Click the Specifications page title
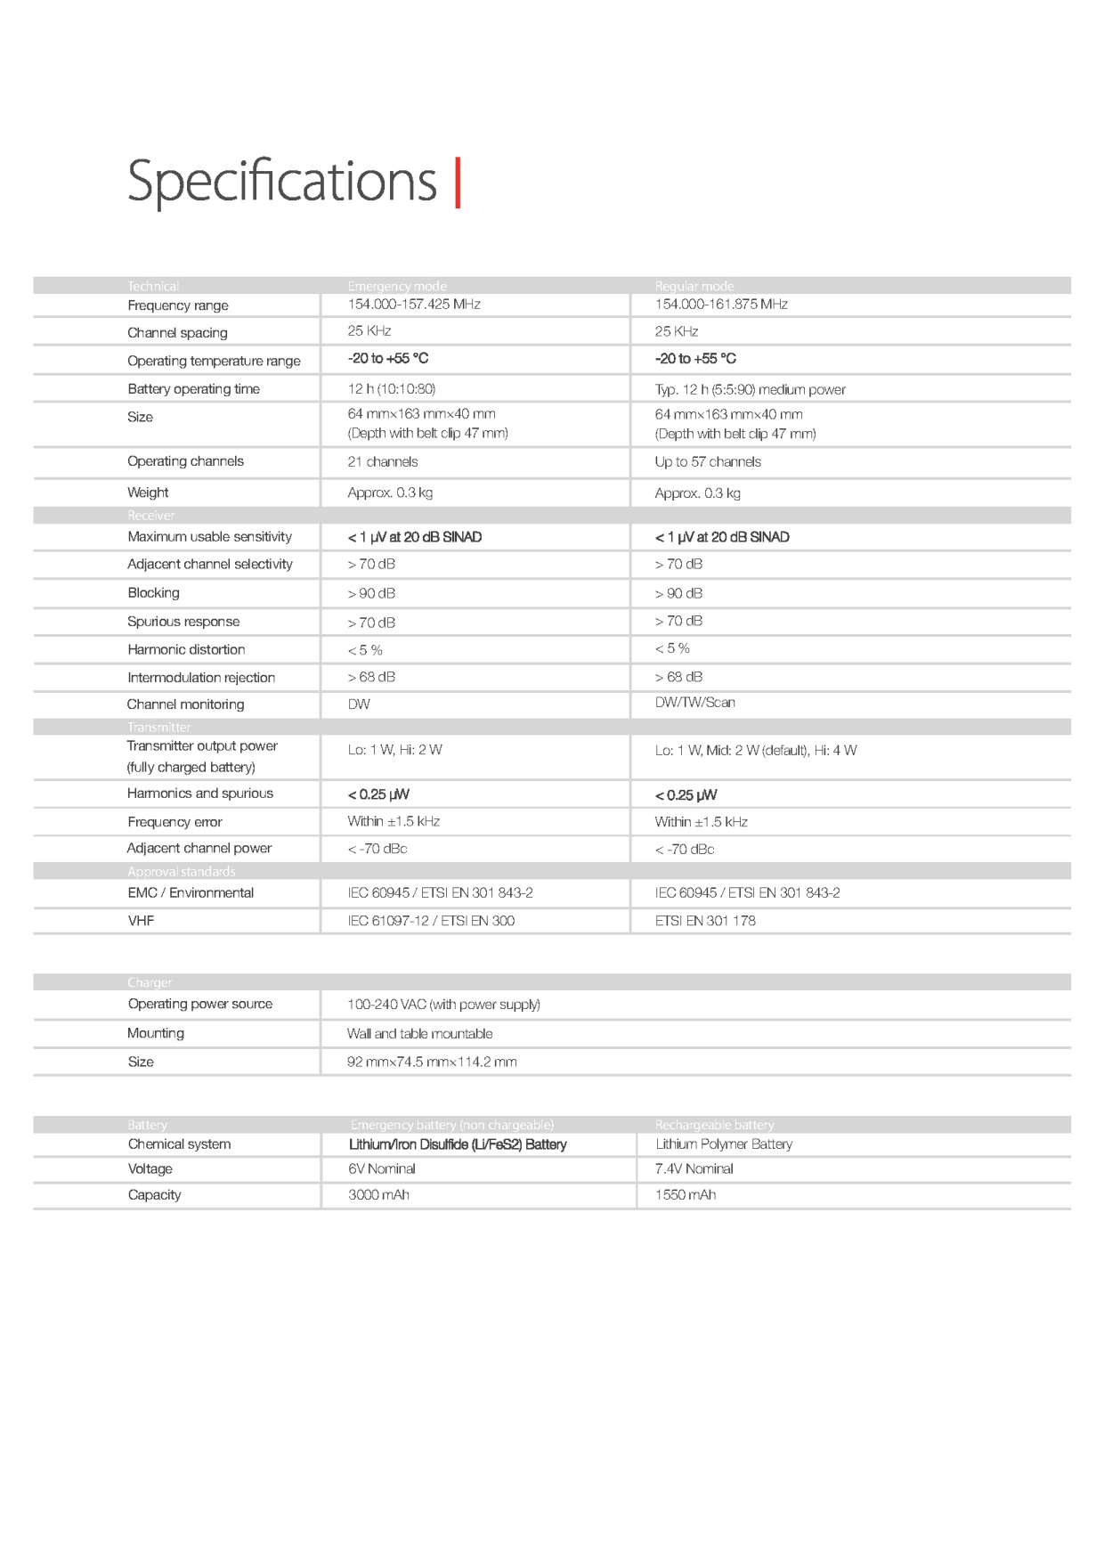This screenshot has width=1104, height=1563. pyautogui.click(x=281, y=182)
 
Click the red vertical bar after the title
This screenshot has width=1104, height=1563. pyautogui.click(x=458, y=183)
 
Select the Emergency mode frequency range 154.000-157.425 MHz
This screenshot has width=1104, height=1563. pyautogui.click(x=414, y=305)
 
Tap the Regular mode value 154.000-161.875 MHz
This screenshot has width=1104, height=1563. pyautogui.click(x=721, y=305)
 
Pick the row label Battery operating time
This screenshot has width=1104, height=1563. pyautogui.click(x=193, y=389)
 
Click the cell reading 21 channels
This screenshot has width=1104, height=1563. pyautogui.click(x=383, y=462)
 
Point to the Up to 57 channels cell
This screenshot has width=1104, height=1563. pyautogui.click(x=708, y=462)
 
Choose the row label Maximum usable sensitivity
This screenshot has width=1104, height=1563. pyautogui.click(x=209, y=537)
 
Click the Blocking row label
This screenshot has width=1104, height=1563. pyautogui.click(x=153, y=593)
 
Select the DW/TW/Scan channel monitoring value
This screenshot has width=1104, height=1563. pyautogui.click(x=695, y=703)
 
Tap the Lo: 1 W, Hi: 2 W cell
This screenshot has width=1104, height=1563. pyautogui.click(x=394, y=750)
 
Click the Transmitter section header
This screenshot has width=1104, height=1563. pyautogui.click(x=158, y=728)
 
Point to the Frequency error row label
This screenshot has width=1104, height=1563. pyautogui.click(x=175, y=822)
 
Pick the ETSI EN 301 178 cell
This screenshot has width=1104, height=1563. pyautogui.click(x=705, y=921)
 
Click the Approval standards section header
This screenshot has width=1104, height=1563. pyautogui.click(x=181, y=872)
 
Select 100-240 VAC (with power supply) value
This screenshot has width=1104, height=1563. pyautogui.click(x=443, y=1005)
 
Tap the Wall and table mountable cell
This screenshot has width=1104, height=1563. pyautogui.click(x=419, y=1034)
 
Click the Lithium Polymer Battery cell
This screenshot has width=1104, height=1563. pyautogui.click(x=724, y=1144)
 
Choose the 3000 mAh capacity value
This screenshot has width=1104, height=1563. pyautogui.click(x=378, y=1195)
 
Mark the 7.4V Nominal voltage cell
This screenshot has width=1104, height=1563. pyautogui.click(x=694, y=1169)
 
